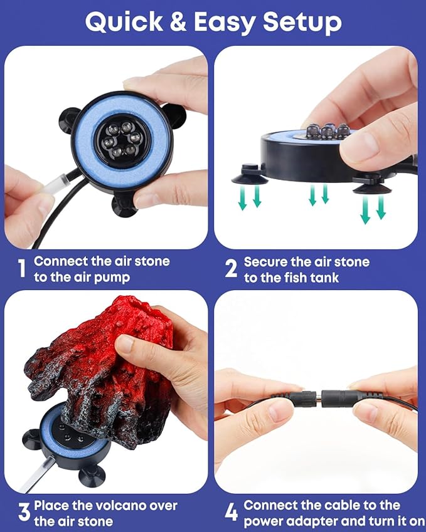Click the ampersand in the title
coord(178,22)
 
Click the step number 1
coord(22,269)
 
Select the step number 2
coord(231,269)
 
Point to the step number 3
coord(24,513)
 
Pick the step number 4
coord(232,513)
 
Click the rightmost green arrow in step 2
coord(381,207)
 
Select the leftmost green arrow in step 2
coord(243,198)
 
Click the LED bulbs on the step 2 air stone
coord(328,131)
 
